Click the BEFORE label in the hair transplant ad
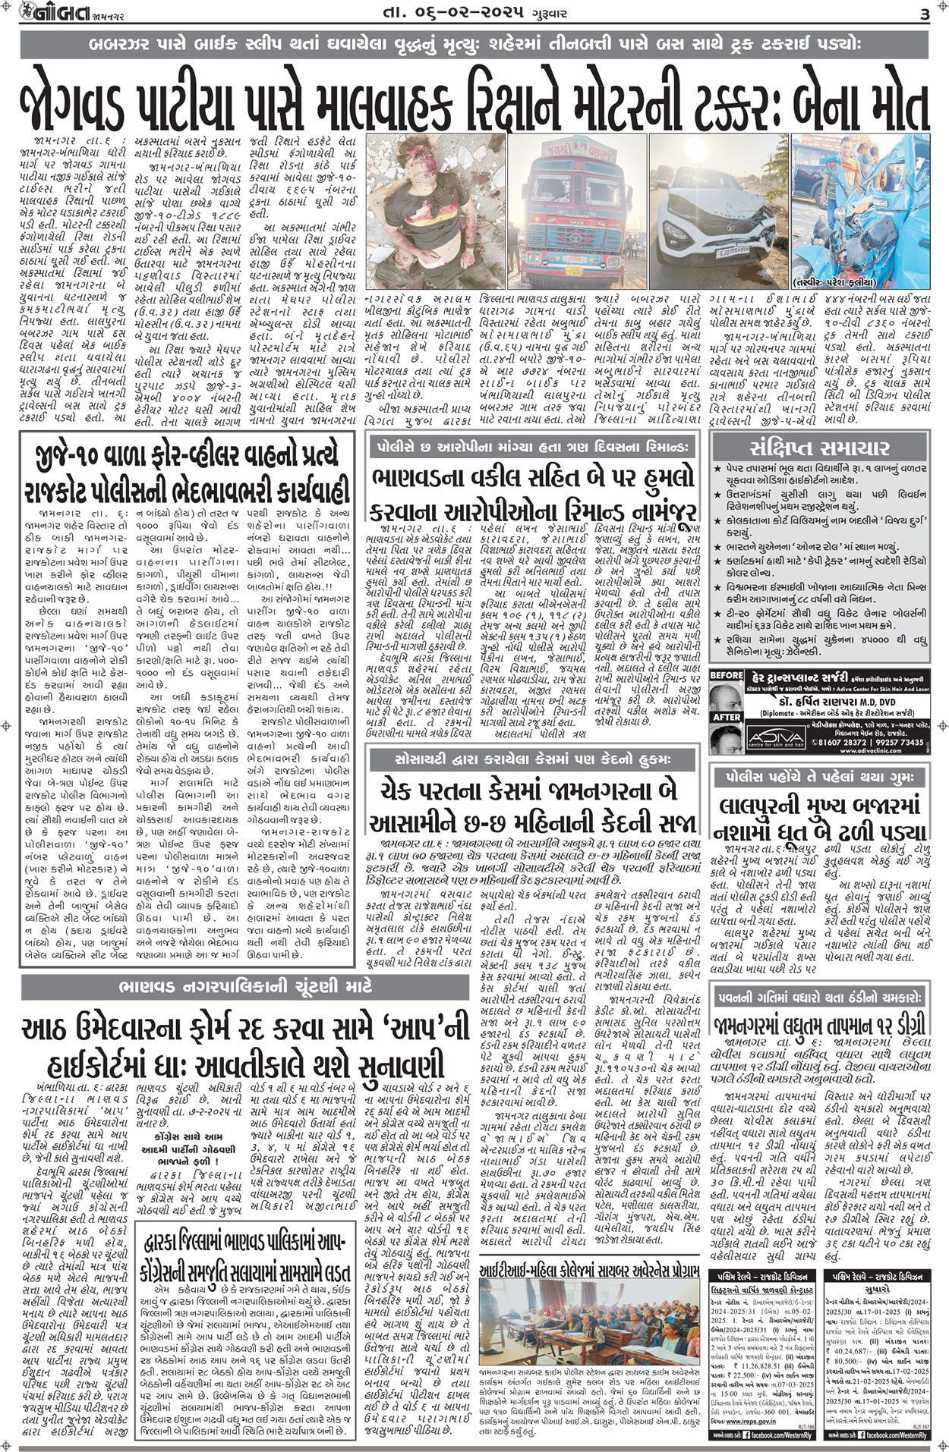tap(725, 674)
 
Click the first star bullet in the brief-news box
tap(717, 470)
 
